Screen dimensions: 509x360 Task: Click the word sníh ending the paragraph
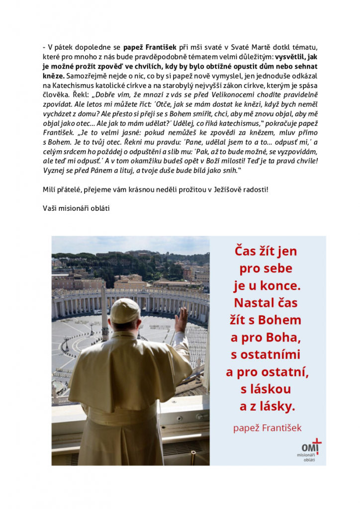click(x=229, y=170)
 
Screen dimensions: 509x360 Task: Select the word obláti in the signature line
click(x=98, y=208)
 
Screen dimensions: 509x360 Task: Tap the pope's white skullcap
click(x=125, y=310)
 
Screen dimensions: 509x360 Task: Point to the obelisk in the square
click(x=104, y=313)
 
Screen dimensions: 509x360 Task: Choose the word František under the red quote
click(x=281, y=427)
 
